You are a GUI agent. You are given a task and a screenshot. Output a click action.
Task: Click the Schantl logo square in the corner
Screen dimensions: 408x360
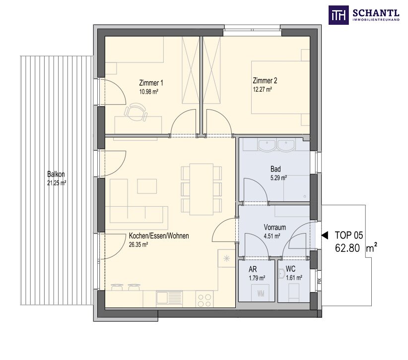(339, 15)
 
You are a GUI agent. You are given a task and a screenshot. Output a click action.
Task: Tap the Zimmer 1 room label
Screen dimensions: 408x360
(151, 83)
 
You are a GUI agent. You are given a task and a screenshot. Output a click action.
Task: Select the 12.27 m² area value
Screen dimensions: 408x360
(262, 89)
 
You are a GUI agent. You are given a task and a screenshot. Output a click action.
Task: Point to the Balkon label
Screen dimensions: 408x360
(56, 174)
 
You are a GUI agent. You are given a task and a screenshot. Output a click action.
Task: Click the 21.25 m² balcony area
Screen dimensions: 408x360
(57, 183)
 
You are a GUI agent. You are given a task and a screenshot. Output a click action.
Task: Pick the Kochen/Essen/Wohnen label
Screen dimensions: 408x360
(159, 236)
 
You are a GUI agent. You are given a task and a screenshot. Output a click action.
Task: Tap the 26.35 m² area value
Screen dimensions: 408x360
(138, 244)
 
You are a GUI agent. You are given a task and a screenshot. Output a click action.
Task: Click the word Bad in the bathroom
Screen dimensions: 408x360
(275, 169)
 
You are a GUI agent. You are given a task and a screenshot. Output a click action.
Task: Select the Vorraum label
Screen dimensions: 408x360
(275, 228)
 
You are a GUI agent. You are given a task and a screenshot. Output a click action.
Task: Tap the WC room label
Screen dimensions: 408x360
(290, 269)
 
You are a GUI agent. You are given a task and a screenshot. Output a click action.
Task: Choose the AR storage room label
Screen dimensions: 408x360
(253, 269)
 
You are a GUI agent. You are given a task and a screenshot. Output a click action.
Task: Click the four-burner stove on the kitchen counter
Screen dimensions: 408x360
(204, 300)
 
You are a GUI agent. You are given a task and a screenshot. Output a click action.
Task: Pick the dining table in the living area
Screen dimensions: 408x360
(201, 189)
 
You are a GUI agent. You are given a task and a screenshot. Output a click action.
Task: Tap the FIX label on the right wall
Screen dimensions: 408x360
(319, 281)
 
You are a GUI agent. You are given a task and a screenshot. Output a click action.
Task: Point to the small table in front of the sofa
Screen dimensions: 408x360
(147, 186)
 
